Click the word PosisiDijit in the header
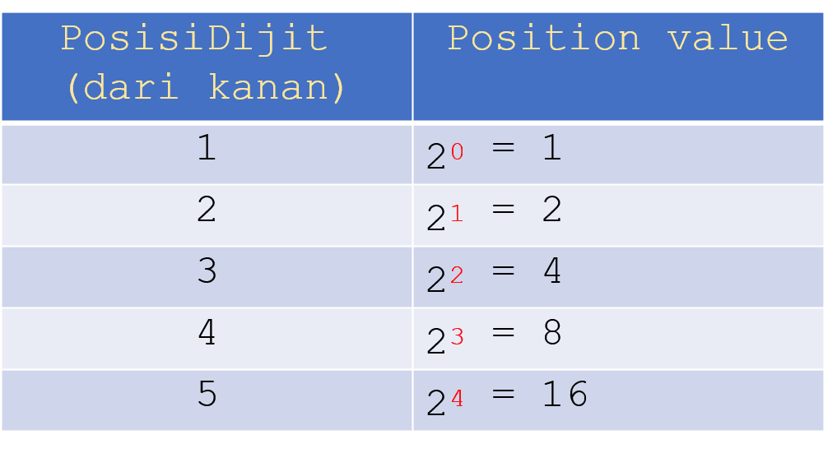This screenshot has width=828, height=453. click(194, 39)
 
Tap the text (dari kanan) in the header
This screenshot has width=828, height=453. click(206, 87)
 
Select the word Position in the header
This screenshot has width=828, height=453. click(544, 39)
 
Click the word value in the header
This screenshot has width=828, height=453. click(728, 39)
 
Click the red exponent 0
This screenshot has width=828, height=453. click(457, 152)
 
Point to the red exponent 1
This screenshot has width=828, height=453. click(457, 214)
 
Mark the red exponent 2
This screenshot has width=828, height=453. click(457, 275)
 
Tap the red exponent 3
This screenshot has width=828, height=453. click(457, 337)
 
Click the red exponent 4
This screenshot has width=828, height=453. click(457, 399)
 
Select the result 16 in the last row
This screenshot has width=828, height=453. click(565, 395)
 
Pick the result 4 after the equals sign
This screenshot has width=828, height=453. click(552, 272)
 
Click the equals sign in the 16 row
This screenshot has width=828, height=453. click(503, 395)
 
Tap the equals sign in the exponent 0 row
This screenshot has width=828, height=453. click(503, 149)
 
